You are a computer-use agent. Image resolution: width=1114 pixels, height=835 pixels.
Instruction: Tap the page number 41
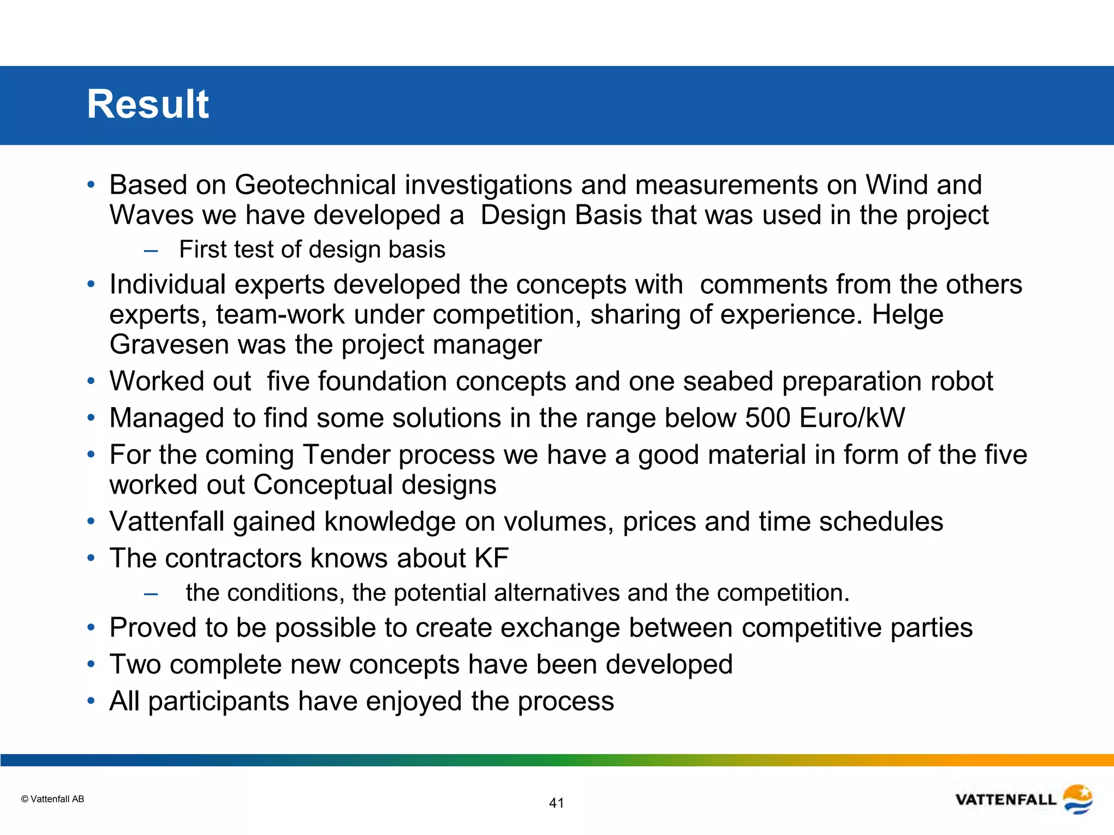556,803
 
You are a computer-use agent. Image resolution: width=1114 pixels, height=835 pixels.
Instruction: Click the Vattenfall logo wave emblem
1078,799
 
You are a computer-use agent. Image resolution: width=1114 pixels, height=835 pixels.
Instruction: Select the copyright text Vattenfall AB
53,799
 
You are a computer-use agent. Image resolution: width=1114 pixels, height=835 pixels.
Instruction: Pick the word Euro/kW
852,418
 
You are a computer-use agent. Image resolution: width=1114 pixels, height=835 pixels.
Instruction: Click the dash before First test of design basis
151,251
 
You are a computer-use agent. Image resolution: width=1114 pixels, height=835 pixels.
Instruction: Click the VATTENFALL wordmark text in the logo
1006,800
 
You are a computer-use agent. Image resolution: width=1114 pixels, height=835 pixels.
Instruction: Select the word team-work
280,315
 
